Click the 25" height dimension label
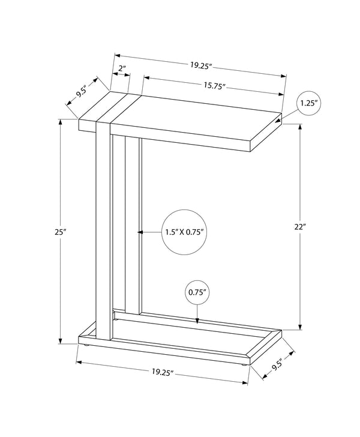click(x=60, y=232)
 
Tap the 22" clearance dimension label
click(x=300, y=226)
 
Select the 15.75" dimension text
click(x=214, y=86)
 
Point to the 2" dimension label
click(x=122, y=68)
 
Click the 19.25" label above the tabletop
click(x=201, y=66)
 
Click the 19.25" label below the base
click(x=163, y=372)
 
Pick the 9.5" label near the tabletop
click(x=82, y=91)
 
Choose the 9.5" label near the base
click(x=278, y=365)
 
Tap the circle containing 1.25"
click(x=309, y=103)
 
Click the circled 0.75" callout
click(x=197, y=292)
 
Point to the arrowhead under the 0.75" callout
click(x=197, y=321)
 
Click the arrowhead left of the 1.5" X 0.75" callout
click(x=141, y=232)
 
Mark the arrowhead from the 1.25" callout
click(x=278, y=121)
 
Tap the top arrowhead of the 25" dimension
click(x=60, y=122)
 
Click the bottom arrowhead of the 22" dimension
click(x=300, y=327)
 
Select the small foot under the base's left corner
click(x=86, y=346)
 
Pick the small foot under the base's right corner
click(x=244, y=365)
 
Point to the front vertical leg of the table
click(x=103, y=231)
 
